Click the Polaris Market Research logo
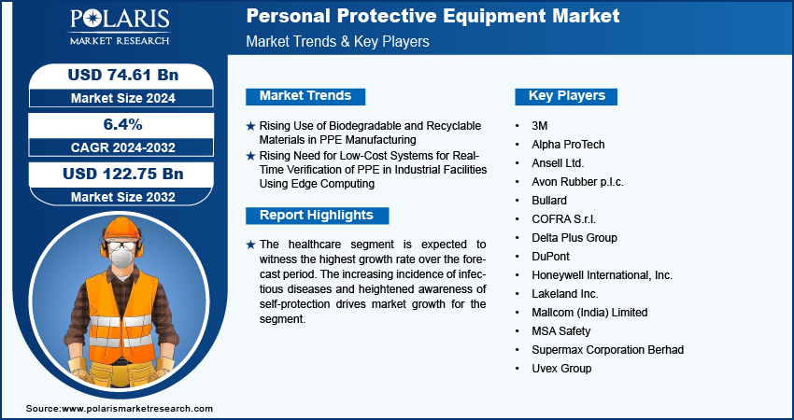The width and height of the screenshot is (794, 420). click(x=120, y=27)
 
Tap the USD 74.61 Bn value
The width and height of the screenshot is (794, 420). click(x=123, y=75)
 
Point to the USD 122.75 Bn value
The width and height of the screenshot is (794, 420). click(x=122, y=174)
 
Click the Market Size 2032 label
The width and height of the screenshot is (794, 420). click(x=123, y=197)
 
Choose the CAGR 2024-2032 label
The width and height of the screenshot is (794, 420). click(x=123, y=147)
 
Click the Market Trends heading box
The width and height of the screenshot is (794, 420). click(x=305, y=96)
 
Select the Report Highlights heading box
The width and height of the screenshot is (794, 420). click(x=317, y=215)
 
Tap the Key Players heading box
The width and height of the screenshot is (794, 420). click(x=566, y=96)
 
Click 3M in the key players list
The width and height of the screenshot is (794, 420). click(x=539, y=126)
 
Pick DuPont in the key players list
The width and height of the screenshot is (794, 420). click(x=550, y=257)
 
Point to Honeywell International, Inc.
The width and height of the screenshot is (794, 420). click(x=603, y=275)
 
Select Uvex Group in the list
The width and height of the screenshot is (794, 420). click(x=561, y=369)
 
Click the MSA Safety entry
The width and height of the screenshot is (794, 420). click(x=561, y=331)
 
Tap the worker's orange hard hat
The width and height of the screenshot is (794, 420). click(x=122, y=229)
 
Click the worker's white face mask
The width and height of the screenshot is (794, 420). click(x=121, y=258)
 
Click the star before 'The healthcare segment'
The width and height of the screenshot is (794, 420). click(x=250, y=245)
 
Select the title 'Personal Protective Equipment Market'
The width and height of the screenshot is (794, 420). click(x=432, y=16)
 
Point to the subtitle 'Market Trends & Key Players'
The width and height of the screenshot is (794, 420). click(x=338, y=41)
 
